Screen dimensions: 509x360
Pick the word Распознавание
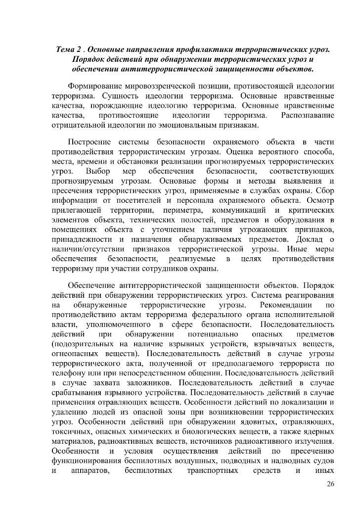pyautogui.click(x=307, y=115)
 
